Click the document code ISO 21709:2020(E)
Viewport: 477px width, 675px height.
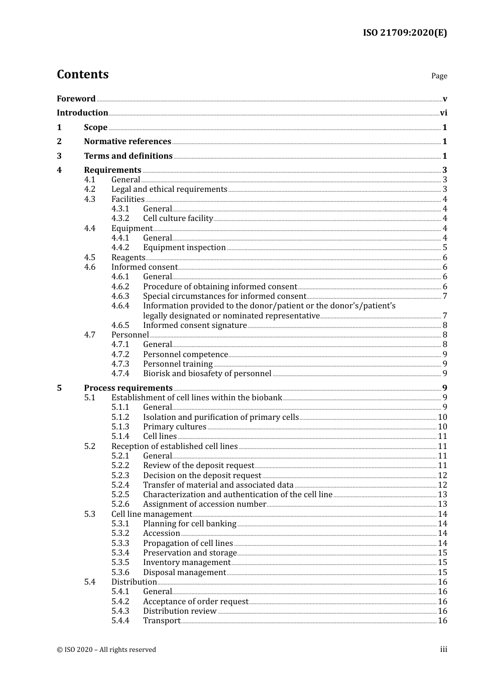click(x=405, y=33)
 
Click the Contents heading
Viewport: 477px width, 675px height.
click(x=83, y=74)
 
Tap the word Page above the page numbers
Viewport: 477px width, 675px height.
click(x=439, y=76)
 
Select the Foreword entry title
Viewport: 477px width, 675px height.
click(x=76, y=99)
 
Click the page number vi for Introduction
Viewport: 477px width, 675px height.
click(x=443, y=113)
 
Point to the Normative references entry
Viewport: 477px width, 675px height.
click(x=128, y=142)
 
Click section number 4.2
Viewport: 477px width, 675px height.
click(x=90, y=189)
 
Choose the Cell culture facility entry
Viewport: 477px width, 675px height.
click(x=178, y=218)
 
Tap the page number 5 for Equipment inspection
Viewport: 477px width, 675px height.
click(x=445, y=248)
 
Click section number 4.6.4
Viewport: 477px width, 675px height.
click(x=121, y=306)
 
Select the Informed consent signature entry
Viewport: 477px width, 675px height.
click(x=195, y=325)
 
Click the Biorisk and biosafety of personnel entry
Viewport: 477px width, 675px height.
click(x=207, y=374)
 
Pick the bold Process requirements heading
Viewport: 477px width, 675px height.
click(x=128, y=388)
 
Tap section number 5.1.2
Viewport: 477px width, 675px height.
click(x=121, y=417)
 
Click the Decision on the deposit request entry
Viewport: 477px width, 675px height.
click(x=202, y=476)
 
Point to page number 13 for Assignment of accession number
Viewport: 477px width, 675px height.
click(x=442, y=504)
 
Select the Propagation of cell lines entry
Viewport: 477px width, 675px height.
click(x=188, y=543)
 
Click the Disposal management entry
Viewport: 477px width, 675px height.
click(x=184, y=573)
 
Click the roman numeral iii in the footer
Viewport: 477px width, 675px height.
click(x=443, y=649)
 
